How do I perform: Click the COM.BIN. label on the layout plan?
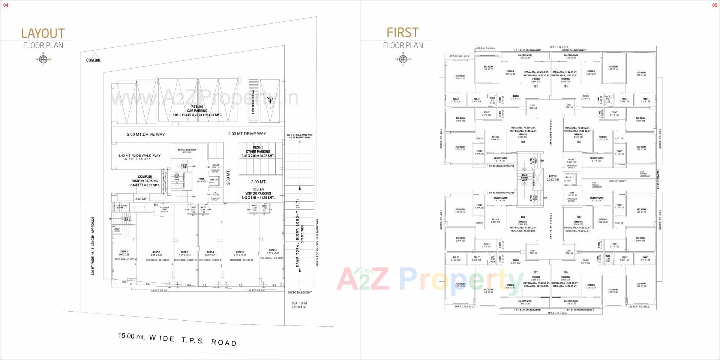pos(93,60)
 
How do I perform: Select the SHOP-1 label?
pos(124,252)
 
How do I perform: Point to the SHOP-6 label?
pos(273,250)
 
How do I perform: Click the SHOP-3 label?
pos(184,252)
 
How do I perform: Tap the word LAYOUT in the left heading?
pos(43,33)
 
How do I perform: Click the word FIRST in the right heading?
pos(403,33)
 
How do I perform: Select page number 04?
pos(6,5)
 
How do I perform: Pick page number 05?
pos(714,5)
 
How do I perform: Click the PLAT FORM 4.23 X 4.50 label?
pos(299,305)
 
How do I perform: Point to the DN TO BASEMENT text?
pos(300,292)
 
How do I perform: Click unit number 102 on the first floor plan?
pos(535,87)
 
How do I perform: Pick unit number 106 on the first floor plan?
pos(565,272)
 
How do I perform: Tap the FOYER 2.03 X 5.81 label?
pos(553,178)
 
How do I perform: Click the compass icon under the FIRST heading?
pos(403,59)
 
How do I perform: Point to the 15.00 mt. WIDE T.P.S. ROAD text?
pos(177,339)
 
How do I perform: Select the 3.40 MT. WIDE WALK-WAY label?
pos(139,157)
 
